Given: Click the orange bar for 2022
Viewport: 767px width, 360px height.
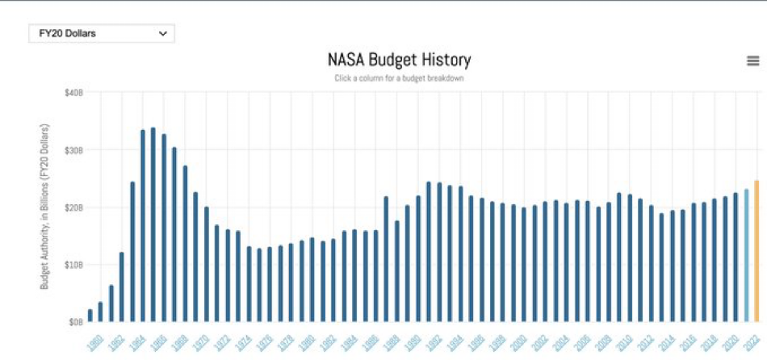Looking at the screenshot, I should (x=757, y=251).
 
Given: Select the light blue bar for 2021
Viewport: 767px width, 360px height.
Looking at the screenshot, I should (x=746, y=255).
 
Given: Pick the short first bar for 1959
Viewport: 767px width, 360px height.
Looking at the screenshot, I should (x=90, y=315).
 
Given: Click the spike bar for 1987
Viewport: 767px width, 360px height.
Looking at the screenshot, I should (x=386, y=259).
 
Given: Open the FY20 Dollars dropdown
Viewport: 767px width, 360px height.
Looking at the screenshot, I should (x=102, y=34).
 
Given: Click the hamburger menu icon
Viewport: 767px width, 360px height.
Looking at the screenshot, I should (x=753, y=61).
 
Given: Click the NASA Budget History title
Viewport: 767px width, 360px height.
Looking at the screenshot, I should (x=399, y=60).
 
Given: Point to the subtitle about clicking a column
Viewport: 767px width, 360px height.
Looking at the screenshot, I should (x=399, y=78).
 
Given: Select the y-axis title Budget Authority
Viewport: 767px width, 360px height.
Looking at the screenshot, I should (x=45, y=207).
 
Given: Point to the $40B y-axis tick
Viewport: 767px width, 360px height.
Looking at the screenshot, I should (x=73, y=93).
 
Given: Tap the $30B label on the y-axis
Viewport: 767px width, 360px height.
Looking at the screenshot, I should (x=73, y=150).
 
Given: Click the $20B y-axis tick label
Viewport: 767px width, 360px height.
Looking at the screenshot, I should (x=73, y=207).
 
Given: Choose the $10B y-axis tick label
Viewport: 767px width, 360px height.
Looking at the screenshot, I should (x=73, y=265).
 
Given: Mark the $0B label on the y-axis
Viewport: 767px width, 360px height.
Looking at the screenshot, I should (x=75, y=322).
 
